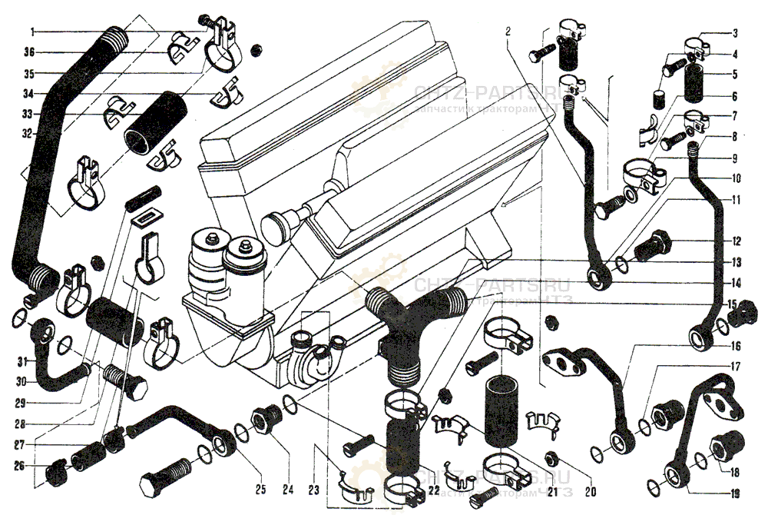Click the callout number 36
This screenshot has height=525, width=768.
[30, 52]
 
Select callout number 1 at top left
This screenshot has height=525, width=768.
[32, 32]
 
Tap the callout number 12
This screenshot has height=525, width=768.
[735, 241]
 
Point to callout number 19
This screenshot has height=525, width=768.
[735, 494]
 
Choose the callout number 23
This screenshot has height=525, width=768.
[313, 489]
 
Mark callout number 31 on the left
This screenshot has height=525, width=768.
[22, 361]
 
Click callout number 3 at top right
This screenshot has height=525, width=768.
[735, 33]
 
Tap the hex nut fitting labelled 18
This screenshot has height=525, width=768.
[723, 445]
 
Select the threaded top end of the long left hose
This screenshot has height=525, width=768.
[114, 35]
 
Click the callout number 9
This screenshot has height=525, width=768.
[735, 159]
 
